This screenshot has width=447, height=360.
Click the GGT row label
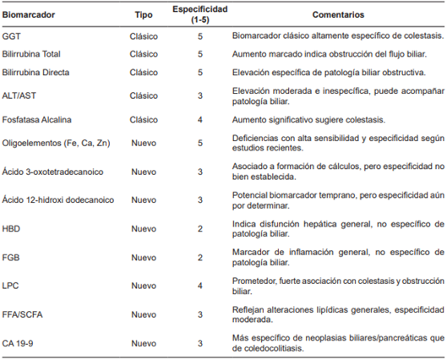(12, 37)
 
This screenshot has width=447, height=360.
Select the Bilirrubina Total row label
(34, 53)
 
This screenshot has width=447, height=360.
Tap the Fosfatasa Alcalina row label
(37, 119)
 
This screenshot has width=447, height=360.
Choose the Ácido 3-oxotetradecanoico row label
(53, 171)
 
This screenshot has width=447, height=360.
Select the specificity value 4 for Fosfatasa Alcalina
(200, 119)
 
